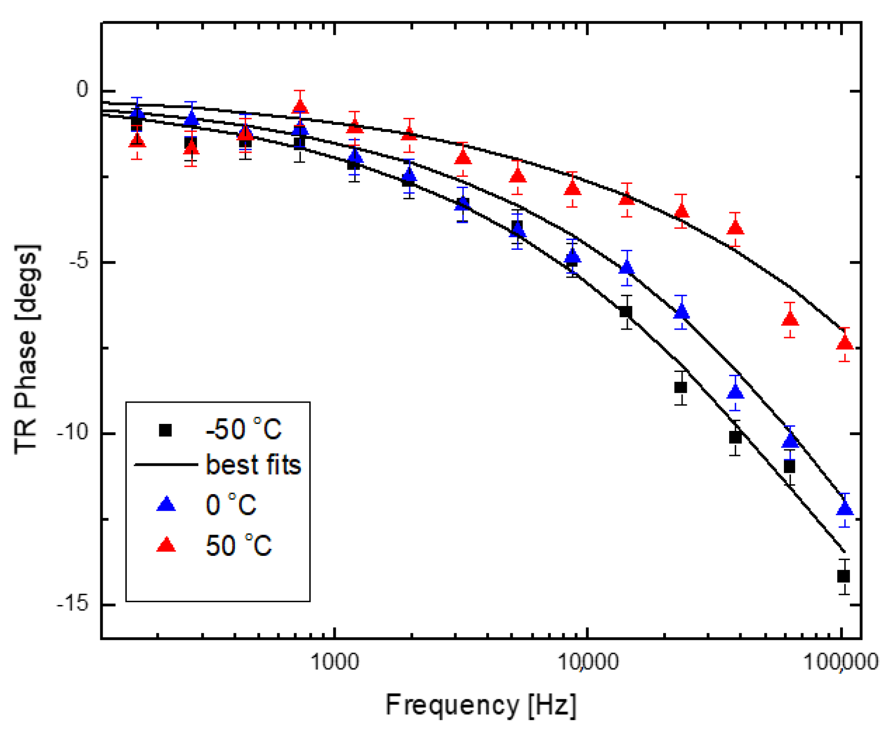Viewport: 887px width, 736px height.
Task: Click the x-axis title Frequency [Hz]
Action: point(481,704)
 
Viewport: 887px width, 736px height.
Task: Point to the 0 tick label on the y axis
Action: point(82,89)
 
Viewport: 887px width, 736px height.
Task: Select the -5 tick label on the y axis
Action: point(78,261)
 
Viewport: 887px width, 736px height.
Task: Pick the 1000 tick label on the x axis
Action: point(334,661)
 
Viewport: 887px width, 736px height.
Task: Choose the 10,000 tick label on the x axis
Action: point(587,661)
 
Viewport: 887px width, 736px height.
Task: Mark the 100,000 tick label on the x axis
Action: point(841,661)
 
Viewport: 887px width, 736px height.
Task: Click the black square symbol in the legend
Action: point(165,430)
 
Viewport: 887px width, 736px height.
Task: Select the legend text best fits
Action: point(253,464)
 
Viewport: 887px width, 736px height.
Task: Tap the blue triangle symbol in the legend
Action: point(166,504)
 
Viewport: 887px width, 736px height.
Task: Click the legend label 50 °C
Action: point(238,545)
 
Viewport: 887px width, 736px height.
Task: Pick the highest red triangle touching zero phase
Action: point(300,107)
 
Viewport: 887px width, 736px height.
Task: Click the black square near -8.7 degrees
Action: point(680,387)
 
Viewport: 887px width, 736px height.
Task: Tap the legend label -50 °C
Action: point(243,429)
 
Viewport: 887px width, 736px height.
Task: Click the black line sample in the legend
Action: point(166,464)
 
